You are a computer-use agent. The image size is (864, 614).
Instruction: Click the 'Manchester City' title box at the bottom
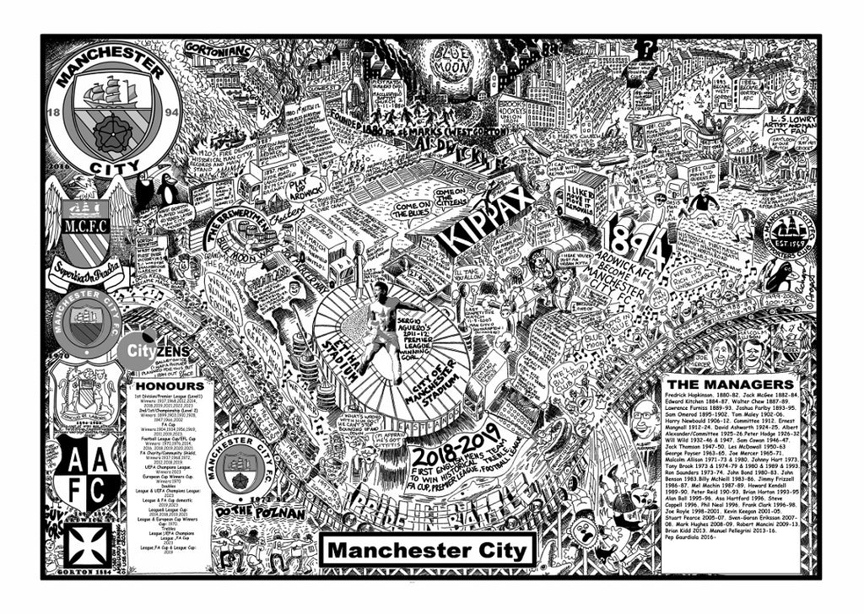[427, 551]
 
